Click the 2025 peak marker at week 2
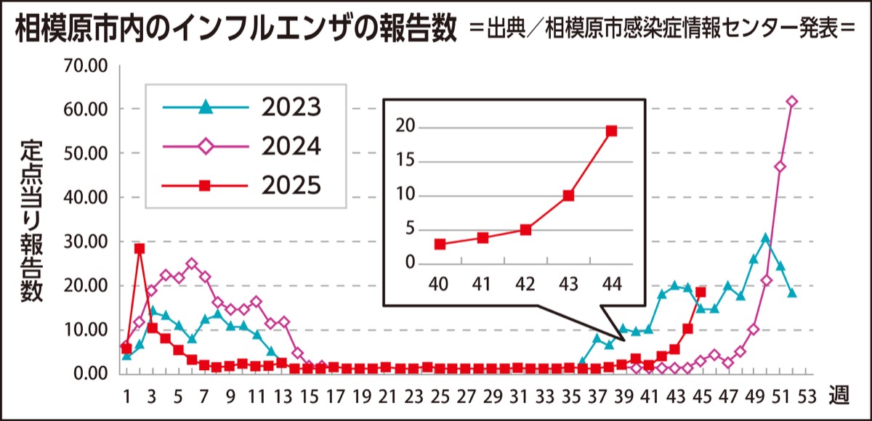140,248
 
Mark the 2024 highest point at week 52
792,102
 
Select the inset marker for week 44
611,131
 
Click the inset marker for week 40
440,244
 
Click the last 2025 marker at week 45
701,292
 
